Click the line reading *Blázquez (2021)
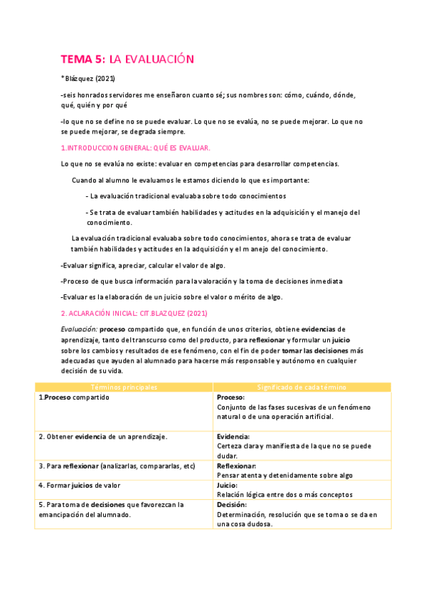pos(89,79)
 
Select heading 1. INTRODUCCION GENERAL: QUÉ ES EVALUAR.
pos(135,148)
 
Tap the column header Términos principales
pos(124,387)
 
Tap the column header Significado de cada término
pos(302,387)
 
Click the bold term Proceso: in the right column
pos(231,397)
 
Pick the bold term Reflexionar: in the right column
pos(238,466)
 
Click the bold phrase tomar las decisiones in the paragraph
pos(314,351)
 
